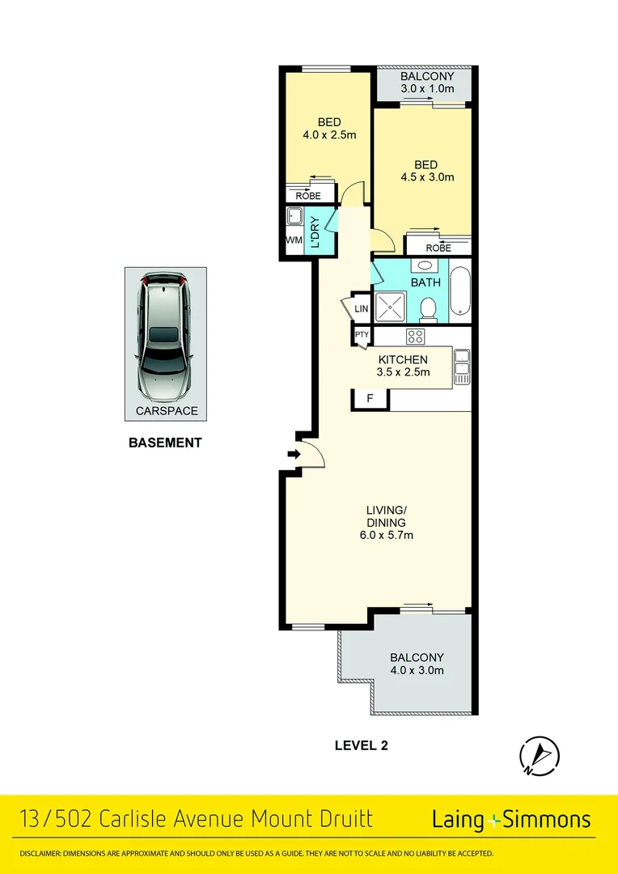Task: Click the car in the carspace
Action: (165, 337)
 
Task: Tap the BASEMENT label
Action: (165, 443)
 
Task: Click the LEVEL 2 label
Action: (362, 745)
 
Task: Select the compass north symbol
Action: (540, 755)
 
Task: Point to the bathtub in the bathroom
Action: (459, 291)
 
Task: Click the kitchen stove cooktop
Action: (416, 337)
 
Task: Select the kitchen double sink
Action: (462, 367)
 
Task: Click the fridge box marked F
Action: (370, 399)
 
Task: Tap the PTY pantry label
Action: (362, 334)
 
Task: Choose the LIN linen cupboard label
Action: (362, 309)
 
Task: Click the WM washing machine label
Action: (293, 240)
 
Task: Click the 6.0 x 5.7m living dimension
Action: (385, 535)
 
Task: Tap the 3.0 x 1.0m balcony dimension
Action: (426, 89)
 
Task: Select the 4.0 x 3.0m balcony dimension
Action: (417, 670)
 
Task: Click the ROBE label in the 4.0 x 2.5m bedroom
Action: (308, 196)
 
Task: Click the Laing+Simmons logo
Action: (511, 820)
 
